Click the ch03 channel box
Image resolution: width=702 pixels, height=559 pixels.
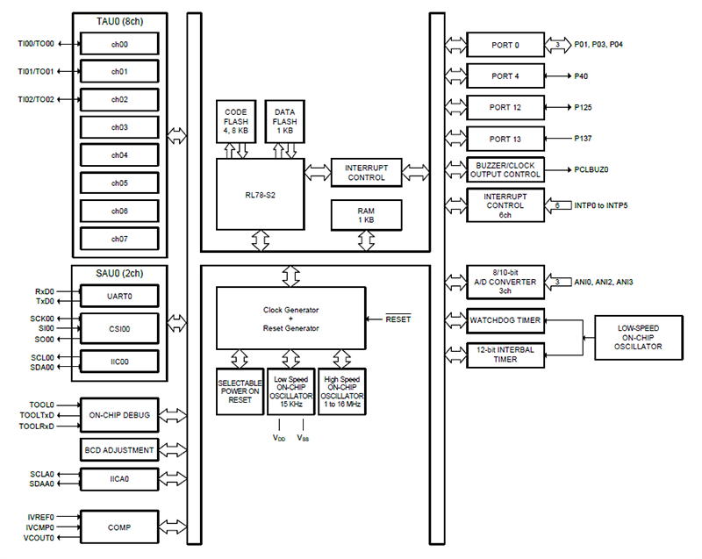pyautogui.click(x=119, y=127)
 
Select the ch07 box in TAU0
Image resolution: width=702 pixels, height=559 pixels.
pyautogui.click(x=119, y=239)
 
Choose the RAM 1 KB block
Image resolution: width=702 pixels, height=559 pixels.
pyautogui.click(x=366, y=213)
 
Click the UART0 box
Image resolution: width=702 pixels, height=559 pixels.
pyautogui.click(x=119, y=297)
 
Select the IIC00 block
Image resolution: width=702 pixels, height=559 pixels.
pyautogui.click(x=119, y=361)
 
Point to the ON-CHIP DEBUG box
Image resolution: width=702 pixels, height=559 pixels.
pyautogui.click(x=119, y=415)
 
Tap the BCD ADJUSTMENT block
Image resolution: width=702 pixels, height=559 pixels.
pyautogui.click(x=119, y=450)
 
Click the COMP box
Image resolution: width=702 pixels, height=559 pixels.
pyautogui.click(x=119, y=526)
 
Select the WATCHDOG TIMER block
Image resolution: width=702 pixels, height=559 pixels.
pyautogui.click(x=505, y=320)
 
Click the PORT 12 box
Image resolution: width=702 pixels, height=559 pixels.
pyautogui.click(x=505, y=108)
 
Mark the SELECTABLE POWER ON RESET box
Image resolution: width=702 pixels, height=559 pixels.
pyautogui.click(x=239, y=391)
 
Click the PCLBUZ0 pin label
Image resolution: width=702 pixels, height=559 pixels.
pyautogui.click(x=592, y=169)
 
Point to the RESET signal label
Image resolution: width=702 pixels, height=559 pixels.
pyautogui.click(x=398, y=319)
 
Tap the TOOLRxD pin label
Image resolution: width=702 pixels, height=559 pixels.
pyautogui.click(x=35, y=426)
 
